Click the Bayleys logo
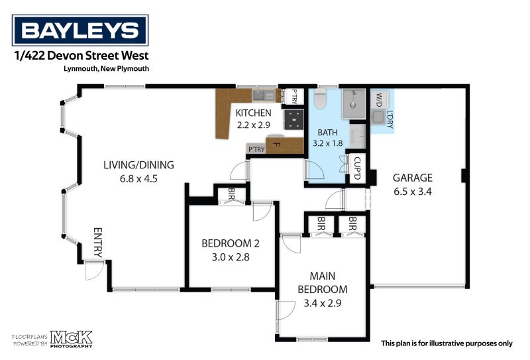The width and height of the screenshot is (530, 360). coord(80,30)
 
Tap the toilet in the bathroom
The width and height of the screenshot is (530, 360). coord(321,99)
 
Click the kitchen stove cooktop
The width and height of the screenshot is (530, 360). coord(293,119)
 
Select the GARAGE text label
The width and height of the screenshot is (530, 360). coord(412,178)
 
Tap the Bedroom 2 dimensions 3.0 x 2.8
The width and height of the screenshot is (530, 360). coord(225,257)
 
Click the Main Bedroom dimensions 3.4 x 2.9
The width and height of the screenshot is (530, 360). coord(322,304)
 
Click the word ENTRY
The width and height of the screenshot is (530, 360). coord(97,243)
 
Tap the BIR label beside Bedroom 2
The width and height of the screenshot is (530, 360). coord(231,194)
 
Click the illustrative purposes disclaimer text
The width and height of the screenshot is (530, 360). coord(447,343)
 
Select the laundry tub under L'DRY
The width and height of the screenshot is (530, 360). coord(379,118)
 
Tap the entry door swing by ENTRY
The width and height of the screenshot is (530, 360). coord(93,270)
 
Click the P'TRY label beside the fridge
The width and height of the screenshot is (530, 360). coord(256,149)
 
